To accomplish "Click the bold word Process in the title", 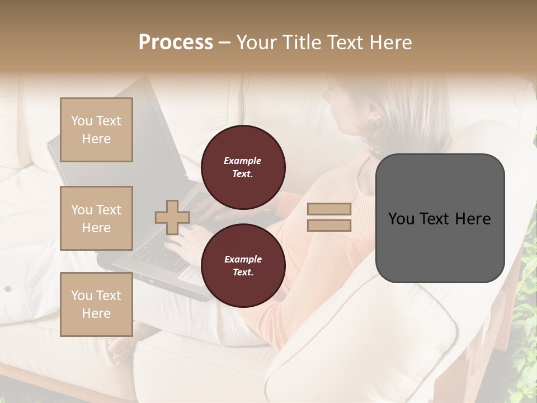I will pyautogui.click(x=176, y=43).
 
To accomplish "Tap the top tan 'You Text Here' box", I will pyautogui.click(x=96, y=130).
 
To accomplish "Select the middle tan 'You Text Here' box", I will pyautogui.click(x=96, y=218).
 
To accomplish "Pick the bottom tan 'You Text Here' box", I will pyautogui.click(x=96, y=304).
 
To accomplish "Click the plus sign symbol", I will pyautogui.click(x=172, y=217).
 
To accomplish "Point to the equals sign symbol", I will pyautogui.click(x=329, y=217).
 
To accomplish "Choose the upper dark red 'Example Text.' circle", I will pyautogui.click(x=243, y=167).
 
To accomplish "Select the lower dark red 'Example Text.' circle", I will pyautogui.click(x=243, y=266).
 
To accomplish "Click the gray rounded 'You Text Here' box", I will pyautogui.click(x=440, y=218).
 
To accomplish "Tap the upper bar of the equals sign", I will pyautogui.click(x=329, y=209).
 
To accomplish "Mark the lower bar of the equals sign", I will pyautogui.click(x=329, y=225).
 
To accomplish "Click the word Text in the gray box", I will pyautogui.click(x=440, y=218).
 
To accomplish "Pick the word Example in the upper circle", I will pyautogui.click(x=243, y=161).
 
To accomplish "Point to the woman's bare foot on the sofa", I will pyautogui.click(x=120, y=350).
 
